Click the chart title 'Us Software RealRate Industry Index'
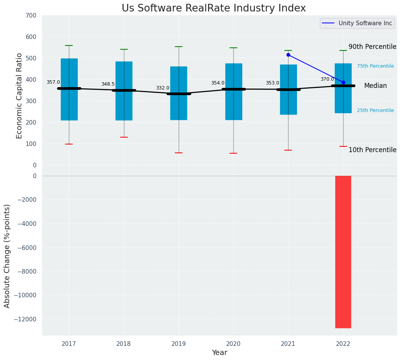214,8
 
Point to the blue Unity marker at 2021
288,55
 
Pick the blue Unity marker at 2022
343,82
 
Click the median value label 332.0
162,88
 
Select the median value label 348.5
108,84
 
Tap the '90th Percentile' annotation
372,47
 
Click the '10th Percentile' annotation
372,150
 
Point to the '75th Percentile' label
375,66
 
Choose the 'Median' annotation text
375,86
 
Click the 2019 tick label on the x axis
179,344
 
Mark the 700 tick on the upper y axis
31,16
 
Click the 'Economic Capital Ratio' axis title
20,96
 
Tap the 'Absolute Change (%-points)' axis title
7,256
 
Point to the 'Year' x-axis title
219,353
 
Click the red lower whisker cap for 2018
124,137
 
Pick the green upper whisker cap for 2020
233,48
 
